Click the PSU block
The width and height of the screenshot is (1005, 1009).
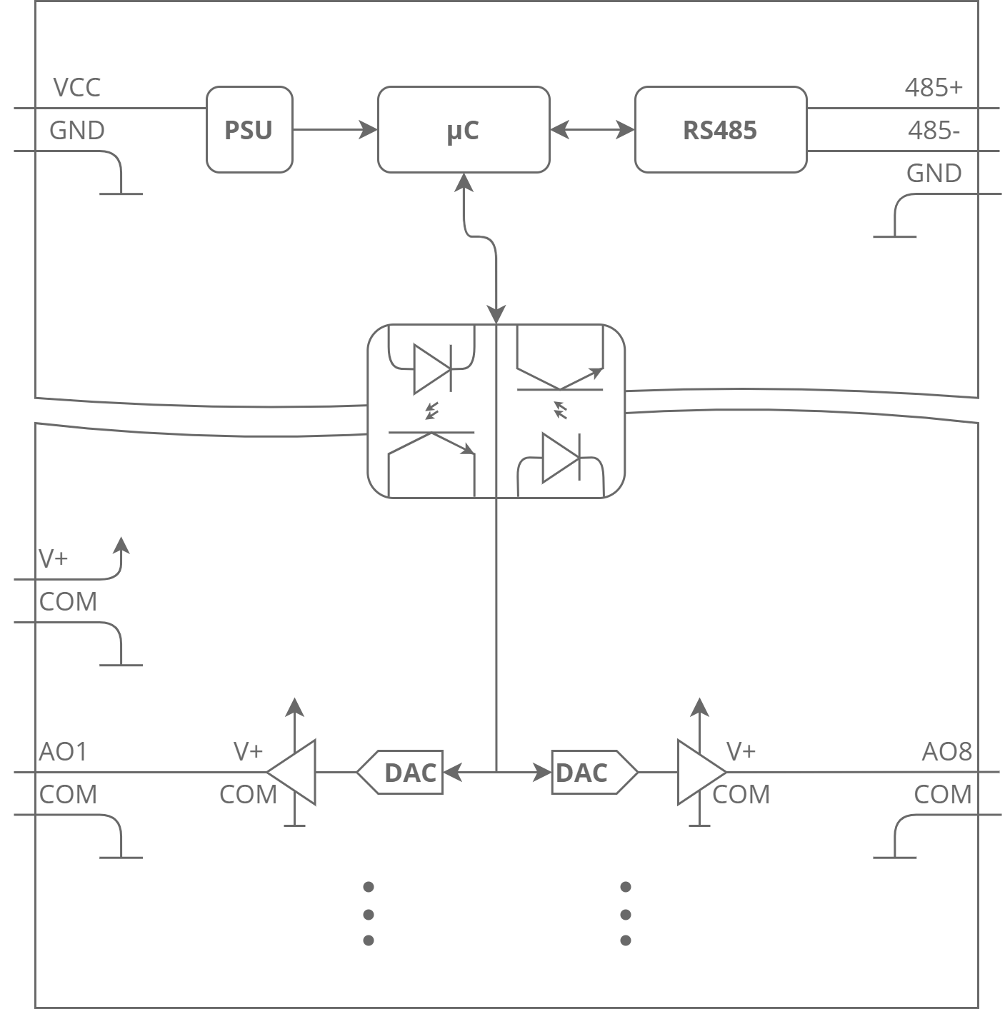pyautogui.click(x=249, y=130)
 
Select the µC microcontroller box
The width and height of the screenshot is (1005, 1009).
pyautogui.click(x=463, y=130)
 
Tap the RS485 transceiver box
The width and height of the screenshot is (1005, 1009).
pyautogui.click(x=720, y=130)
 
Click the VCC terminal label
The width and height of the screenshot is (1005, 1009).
pyautogui.click(x=77, y=88)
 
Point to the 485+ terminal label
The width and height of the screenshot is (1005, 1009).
pyautogui.click(x=933, y=88)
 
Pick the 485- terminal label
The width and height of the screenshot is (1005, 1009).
pyautogui.click(x=934, y=131)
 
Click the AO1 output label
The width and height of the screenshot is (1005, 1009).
pyautogui.click(x=63, y=752)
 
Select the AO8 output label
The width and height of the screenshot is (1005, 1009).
pyautogui.click(x=946, y=752)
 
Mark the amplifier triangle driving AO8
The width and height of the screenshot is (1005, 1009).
pyautogui.click(x=699, y=772)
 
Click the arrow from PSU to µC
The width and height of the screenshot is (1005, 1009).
pyautogui.click(x=335, y=130)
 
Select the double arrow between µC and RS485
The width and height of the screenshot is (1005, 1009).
pyautogui.click(x=592, y=130)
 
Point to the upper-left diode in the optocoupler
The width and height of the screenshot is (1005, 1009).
pyautogui.click(x=432, y=368)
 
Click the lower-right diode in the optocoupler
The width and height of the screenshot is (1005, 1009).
pyautogui.click(x=561, y=458)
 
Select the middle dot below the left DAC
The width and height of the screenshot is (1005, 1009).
pyautogui.click(x=369, y=914)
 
